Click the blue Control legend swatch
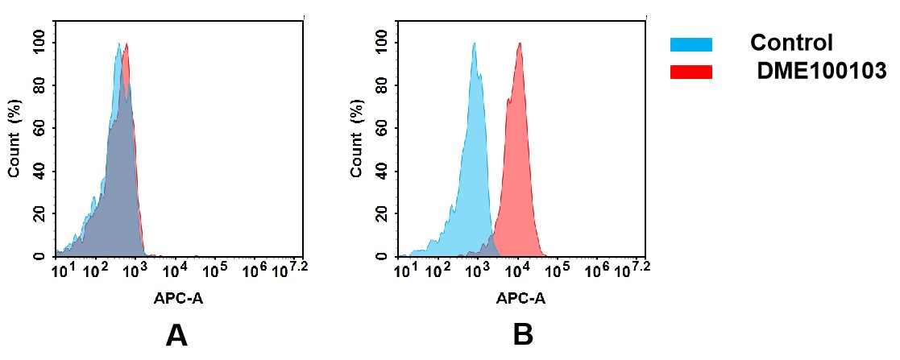691,44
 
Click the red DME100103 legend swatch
691,72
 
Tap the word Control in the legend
791,43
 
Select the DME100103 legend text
821,72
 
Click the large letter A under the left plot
176,335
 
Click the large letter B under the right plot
523,335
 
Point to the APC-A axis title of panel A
179,298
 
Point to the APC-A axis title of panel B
521,298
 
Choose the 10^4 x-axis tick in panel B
516,270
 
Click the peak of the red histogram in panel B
521,45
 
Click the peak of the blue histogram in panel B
475,45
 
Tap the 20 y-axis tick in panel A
40,213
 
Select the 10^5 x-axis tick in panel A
215,270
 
